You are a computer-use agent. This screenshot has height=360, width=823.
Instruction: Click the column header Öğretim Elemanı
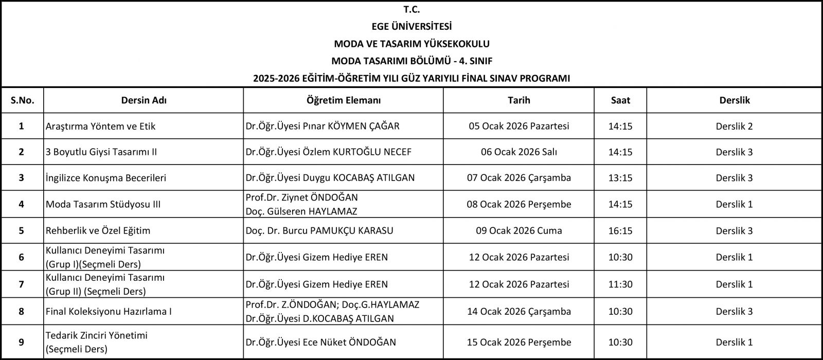tap(343, 100)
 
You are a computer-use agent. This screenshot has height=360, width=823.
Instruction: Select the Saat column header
tap(620, 100)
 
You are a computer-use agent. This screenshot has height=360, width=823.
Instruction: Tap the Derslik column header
tap(734, 100)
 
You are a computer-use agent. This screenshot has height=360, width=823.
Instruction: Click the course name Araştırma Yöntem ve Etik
tap(100, 126)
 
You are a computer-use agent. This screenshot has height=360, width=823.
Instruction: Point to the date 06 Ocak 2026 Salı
tap(519, 152)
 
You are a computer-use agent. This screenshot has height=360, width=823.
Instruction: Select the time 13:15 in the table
tap(620, 178)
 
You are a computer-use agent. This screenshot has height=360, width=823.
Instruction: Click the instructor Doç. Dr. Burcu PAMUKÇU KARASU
tap(319, 230)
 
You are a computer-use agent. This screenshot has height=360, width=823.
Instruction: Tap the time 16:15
tap(620, 230)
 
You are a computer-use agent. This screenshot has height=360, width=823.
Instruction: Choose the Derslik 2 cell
tap(734, 126)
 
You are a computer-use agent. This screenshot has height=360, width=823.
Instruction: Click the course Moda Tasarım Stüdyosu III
tap(103, 204)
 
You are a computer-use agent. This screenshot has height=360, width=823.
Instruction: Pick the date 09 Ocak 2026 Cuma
tap(519, 230)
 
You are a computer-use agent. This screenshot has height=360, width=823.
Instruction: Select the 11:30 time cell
tap(620, 284)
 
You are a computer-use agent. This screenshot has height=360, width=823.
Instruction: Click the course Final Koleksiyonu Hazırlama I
tap(109, 311)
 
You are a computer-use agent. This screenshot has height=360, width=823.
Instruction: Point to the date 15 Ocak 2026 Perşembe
tap(519, 342)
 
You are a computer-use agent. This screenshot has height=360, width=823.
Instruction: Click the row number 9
tap(21, 342)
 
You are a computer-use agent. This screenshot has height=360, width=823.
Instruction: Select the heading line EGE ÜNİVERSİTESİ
tap(411, 26)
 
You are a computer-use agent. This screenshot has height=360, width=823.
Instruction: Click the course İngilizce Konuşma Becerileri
tap(106, 178)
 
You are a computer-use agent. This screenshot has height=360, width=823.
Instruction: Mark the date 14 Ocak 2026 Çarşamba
tap(519, 311)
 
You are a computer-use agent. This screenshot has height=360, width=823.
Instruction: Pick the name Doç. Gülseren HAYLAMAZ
tap(301, 211)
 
